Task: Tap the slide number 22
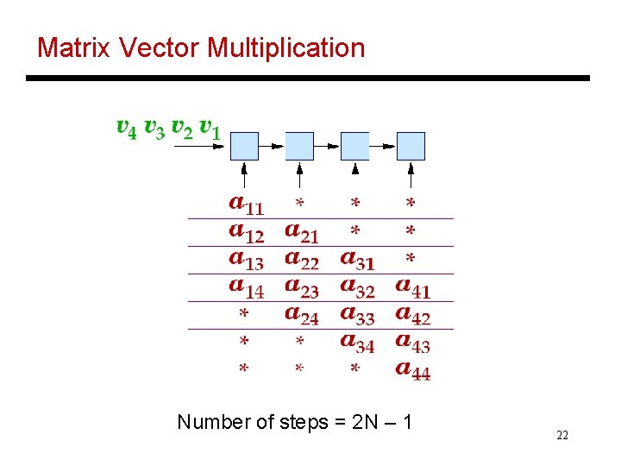click(562, 436)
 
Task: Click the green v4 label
click(126, 129)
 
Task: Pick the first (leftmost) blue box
click(245, 146)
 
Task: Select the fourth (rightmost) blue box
click(411, 146)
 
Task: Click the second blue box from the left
click(299, 146)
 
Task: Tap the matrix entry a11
click(247, 205)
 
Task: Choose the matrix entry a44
click(413, 369)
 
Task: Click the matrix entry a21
click(302, 232)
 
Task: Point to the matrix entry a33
click(357, 315)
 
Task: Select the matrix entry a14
click(247, 287)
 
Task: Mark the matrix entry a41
click(413, 287)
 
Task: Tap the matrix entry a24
click(302, 315)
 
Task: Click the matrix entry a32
click(357, 287)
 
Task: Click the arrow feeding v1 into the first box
click(200, 146)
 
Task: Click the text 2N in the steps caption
click(363, 422)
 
